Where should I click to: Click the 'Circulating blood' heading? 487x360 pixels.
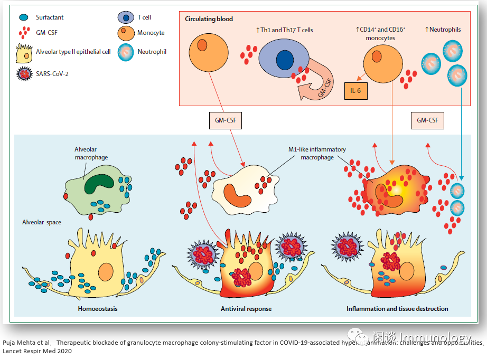(x=209, y=19)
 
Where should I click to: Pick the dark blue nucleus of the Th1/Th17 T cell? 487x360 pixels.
(x=285, y=59)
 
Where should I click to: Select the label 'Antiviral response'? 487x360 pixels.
(x=246, y=308)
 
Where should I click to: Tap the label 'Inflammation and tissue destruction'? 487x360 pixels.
(x=397, y=308)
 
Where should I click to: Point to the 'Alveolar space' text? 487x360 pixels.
(x=42, y=222)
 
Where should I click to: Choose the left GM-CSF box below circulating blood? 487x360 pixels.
(x=226, y=121)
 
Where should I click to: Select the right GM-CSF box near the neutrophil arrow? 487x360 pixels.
(x=427, y=121)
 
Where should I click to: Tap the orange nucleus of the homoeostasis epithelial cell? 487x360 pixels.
(x=106, y=272)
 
